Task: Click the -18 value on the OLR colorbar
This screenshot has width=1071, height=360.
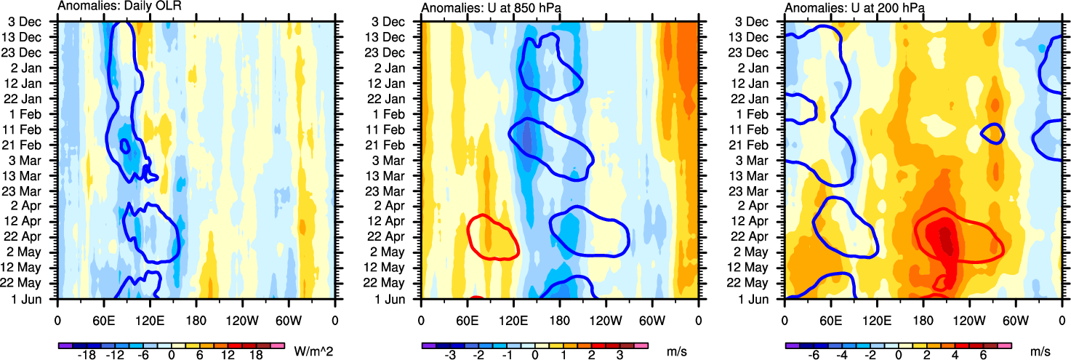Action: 87,356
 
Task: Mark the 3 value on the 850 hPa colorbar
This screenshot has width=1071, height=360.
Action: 619,356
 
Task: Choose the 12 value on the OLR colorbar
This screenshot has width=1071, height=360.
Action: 228,356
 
